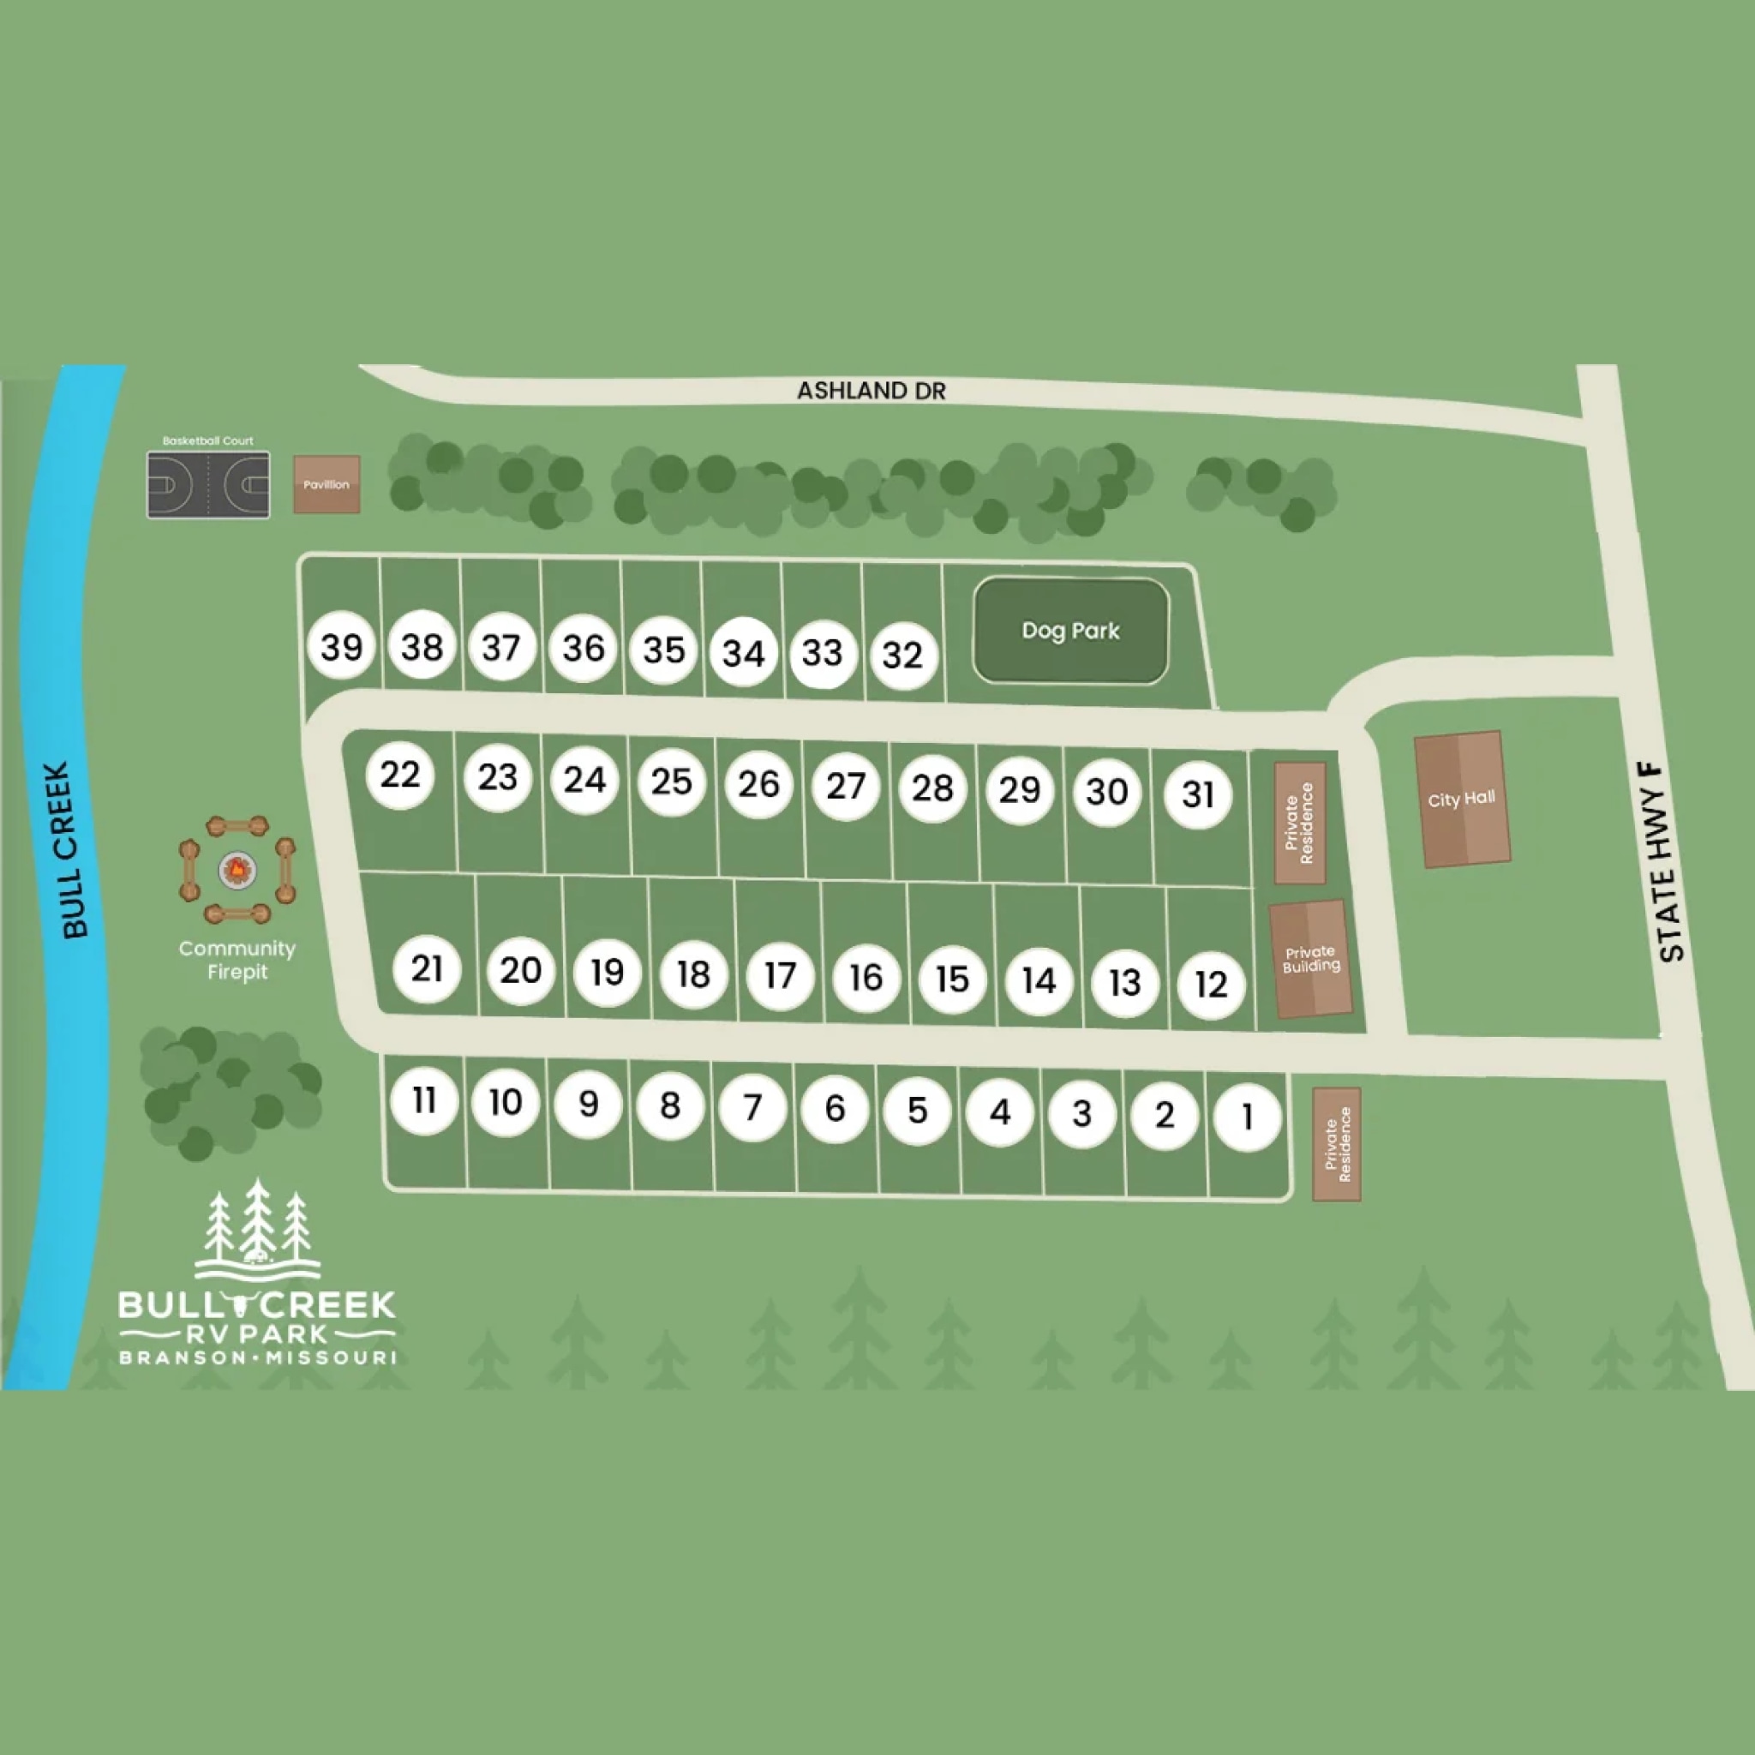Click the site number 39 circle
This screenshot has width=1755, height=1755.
click(342, 647)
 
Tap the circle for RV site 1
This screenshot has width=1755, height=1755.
click(1247, 1117)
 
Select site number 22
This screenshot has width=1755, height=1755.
click(399, 775)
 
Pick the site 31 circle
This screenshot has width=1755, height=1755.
click(1198, 795)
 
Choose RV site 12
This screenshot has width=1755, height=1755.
click(1211, 984)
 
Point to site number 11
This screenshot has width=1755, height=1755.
click(424, 1100)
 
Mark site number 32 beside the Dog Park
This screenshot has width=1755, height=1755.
click(903, 655)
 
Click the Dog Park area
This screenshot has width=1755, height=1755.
click(1070, 631)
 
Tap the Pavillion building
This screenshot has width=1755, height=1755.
click(326, 484)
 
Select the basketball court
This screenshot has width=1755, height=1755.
click(208, 485)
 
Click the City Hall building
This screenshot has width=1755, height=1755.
click(1462, 800)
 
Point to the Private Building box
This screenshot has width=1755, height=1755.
click(1310, 959)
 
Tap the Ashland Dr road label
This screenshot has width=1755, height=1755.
click(872, 391)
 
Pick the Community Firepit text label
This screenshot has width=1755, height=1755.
click(237, 959)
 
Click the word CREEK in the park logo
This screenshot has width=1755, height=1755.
click(330, 1305)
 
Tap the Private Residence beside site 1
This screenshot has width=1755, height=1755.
click(1336, 1144)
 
